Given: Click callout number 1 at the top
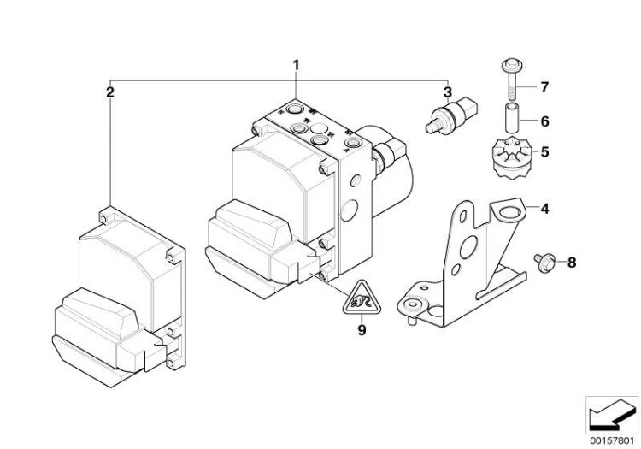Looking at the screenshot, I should coord(297,65).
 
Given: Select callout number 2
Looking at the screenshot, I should coord(109,91).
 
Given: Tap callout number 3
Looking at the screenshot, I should coord(447,92).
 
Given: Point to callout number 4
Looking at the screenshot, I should coord(544,207).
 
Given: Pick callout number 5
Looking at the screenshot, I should coord(544,154).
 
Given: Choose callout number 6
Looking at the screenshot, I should coord(544,121).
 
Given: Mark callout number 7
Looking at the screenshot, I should coord(544,87).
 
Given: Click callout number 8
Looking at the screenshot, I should coord(571,263).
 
